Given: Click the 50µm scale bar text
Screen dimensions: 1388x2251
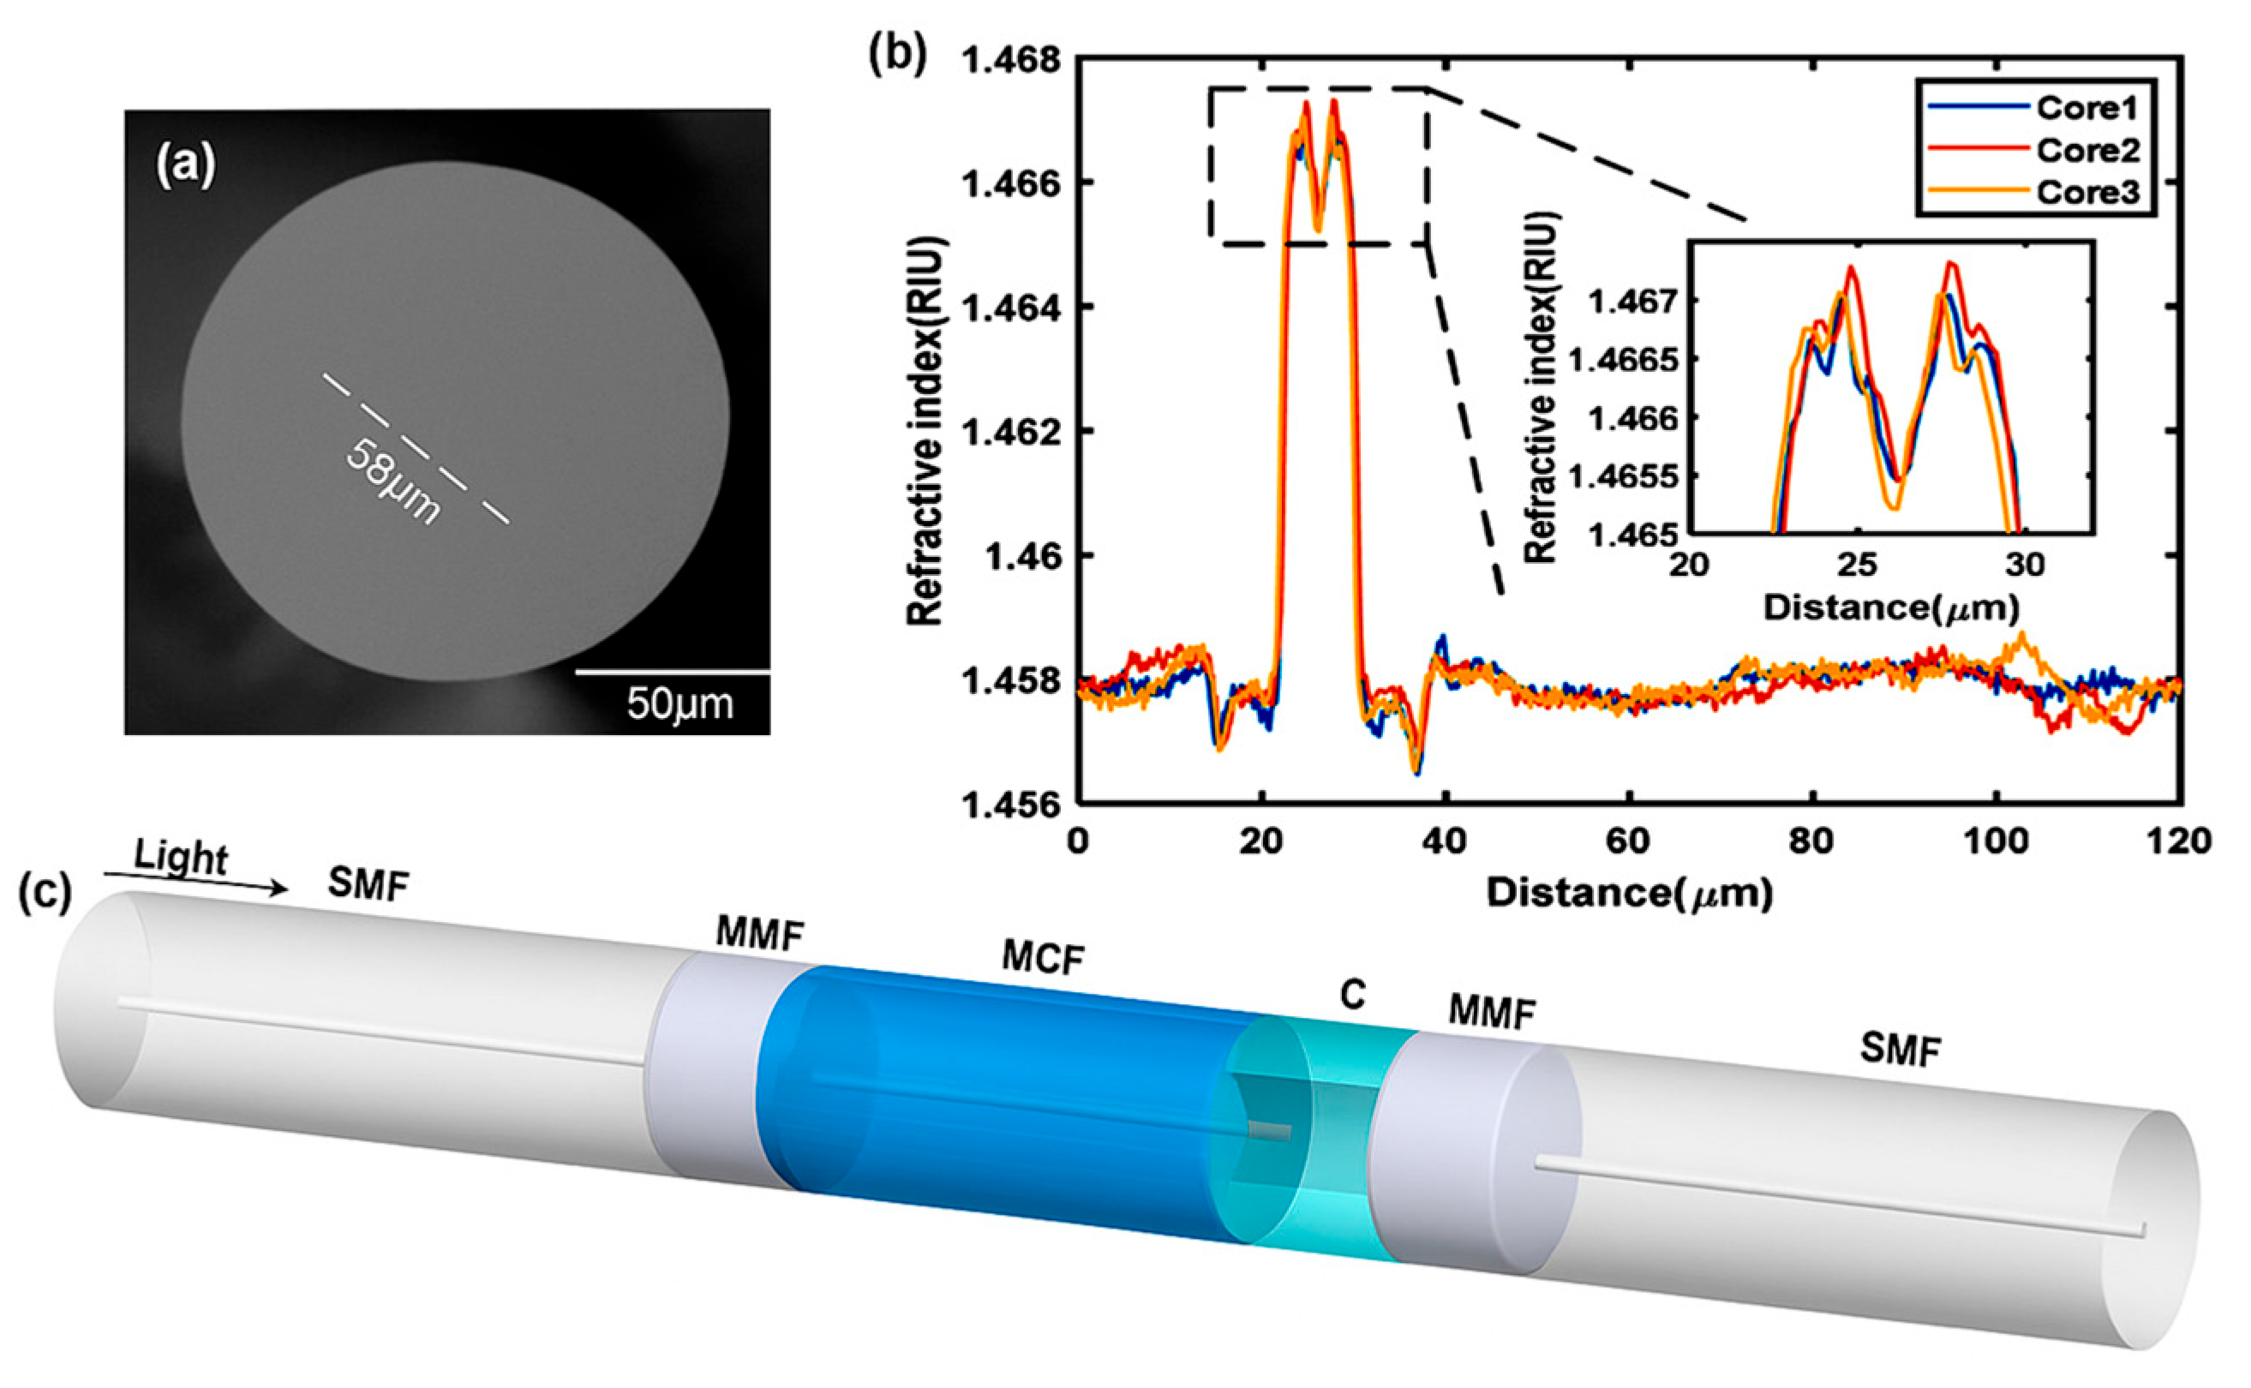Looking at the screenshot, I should [x=680, y=705].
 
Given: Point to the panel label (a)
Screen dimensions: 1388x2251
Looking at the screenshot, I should [x=185, y=167].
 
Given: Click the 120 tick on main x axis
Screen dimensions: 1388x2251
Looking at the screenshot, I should [x=2179, y=841].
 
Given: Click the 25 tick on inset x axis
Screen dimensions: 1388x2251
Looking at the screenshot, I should [x=1857, y=565].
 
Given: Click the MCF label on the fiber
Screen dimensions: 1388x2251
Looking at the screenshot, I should [x=1044, y=959].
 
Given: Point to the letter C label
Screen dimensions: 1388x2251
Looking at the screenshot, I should [x=1353, y=995].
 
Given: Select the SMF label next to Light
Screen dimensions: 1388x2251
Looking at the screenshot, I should [x=368, y=885].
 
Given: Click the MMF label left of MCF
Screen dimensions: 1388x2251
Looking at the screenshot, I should [x=759, y=935].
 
